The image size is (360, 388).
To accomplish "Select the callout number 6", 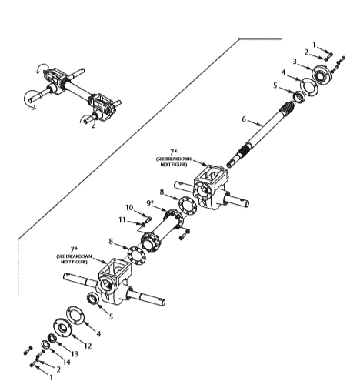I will click(244, 119).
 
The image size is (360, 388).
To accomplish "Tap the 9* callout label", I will click(151, 202).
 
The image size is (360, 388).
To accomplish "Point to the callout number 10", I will click(130, 207).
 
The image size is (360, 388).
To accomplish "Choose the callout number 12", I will click(88, 346).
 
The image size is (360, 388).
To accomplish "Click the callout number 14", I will click(66, 361).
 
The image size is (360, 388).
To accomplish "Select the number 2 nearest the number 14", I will click(58, 369).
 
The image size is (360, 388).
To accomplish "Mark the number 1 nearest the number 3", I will click(313, 44).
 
